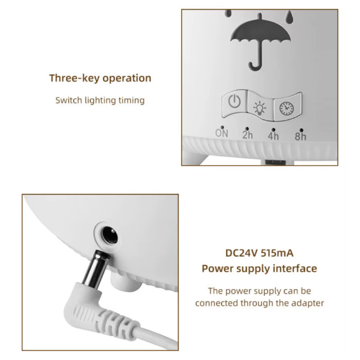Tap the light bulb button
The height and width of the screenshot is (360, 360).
pos(260,106)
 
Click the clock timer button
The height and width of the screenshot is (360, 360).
pos(287,107)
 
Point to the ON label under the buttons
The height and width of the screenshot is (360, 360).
pos(222,133)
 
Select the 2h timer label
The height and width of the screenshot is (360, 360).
pos(247,135)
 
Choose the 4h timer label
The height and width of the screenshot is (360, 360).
pos(273,136)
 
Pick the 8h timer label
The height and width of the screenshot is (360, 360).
pos(300,136)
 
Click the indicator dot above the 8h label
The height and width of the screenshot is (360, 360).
pos(301,130)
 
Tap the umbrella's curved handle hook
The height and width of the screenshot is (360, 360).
pos(255,65)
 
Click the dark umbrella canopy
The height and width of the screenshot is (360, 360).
pos(261,31)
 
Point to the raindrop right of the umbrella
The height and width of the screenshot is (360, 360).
pos(289,15)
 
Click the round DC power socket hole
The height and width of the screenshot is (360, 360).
pos(110,235)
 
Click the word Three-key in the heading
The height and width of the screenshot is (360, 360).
pos(75,78)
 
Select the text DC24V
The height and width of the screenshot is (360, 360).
pos(242,253)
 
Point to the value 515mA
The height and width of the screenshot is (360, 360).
pos(277,253)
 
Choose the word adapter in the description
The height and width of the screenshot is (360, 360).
pos(308,303)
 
